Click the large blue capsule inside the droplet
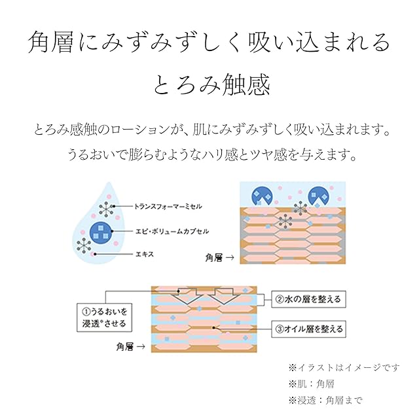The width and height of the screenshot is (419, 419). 100,231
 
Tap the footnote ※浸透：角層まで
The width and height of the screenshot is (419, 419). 324,399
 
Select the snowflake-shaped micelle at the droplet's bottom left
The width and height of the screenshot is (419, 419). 84,246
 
